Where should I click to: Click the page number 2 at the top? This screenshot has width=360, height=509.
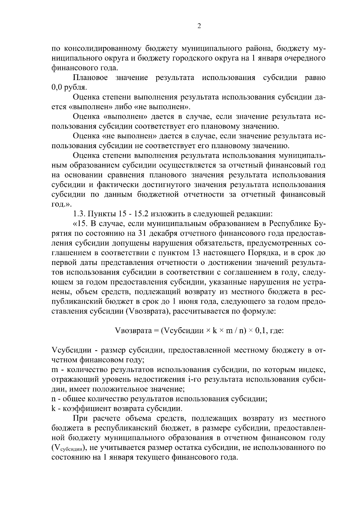point(199,26)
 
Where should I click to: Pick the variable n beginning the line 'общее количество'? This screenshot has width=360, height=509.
point(54,399)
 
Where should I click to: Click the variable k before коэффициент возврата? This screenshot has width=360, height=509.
point(54,409)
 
